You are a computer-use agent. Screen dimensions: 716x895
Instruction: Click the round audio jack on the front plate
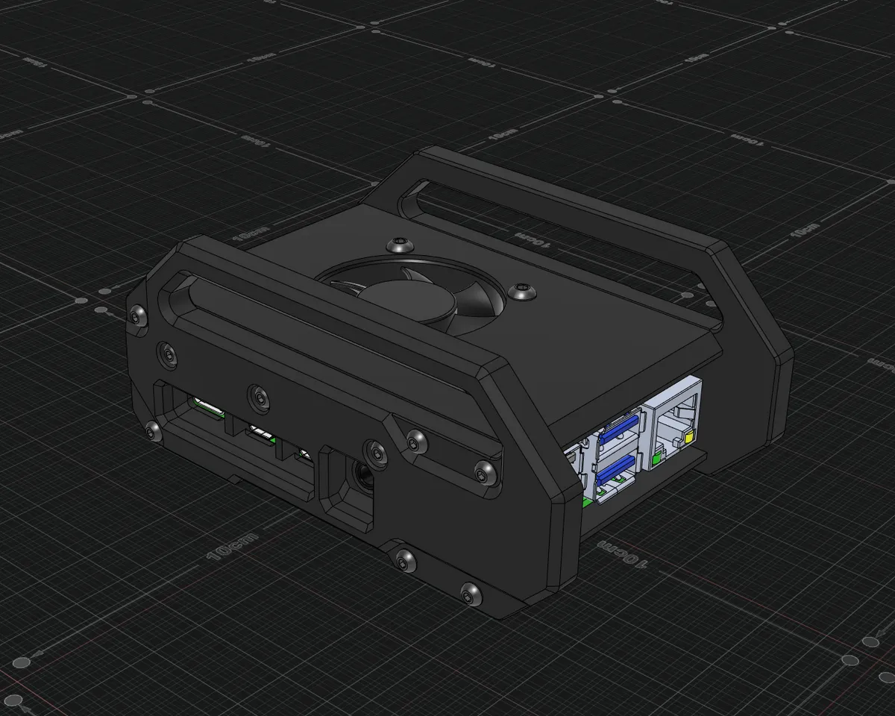pos(363,474)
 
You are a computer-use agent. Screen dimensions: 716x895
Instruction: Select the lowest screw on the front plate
pos(470,594)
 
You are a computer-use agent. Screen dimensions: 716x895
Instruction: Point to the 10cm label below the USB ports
pos(620,553)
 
